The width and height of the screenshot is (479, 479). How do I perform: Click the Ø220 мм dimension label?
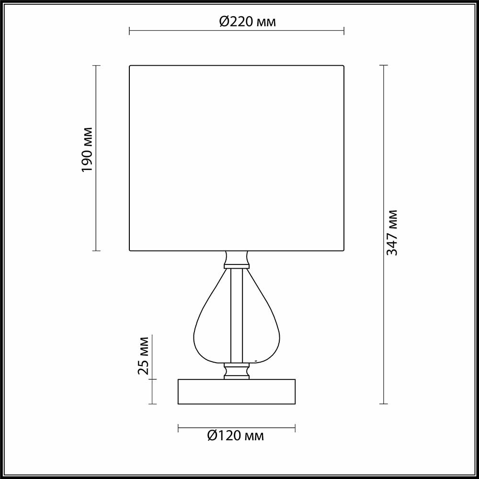(248, 22)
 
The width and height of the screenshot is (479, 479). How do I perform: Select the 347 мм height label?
(392, 232)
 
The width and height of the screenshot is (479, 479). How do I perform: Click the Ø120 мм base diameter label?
(235, 435)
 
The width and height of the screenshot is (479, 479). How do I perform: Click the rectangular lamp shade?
(237, 158)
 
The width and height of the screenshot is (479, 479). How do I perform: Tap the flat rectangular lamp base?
(237, 391)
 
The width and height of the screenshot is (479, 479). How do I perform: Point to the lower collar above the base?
(237, 371)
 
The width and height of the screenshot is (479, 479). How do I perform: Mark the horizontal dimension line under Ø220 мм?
(192, 33)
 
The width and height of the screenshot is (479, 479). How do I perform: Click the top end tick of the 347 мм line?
(383, 65)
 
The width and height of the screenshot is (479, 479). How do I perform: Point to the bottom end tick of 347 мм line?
(383, 404)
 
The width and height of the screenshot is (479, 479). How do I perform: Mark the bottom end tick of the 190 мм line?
(96, 251)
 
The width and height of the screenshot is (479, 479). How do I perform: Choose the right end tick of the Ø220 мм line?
(344, 33)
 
